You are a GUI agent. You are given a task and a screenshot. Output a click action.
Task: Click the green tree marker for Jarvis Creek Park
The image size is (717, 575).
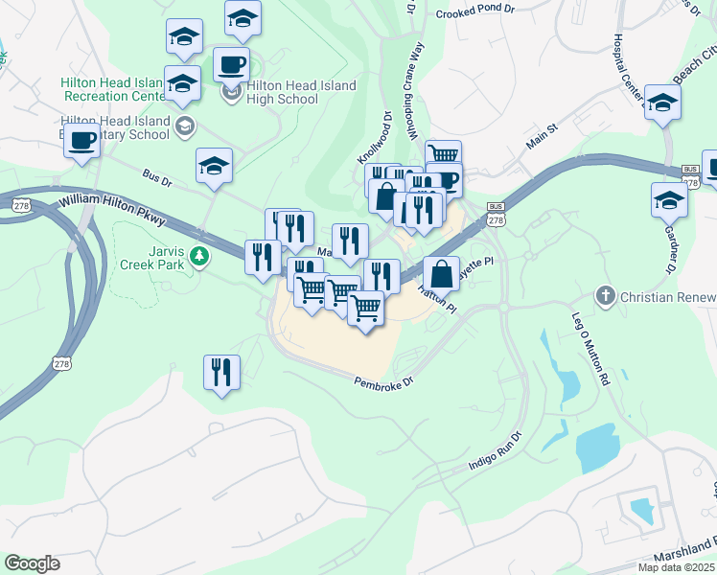click(199, 256)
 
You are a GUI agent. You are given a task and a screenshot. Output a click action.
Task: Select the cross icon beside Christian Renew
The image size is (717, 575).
click(605, 296)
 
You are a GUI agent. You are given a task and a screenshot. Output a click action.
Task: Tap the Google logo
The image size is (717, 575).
click(32, 563)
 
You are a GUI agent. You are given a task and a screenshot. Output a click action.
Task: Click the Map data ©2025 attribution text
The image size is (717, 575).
click(676, 567)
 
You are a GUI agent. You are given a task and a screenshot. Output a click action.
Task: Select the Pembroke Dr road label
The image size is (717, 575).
click(382, 381)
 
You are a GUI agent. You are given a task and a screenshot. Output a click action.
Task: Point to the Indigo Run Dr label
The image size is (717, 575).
click(494, 450)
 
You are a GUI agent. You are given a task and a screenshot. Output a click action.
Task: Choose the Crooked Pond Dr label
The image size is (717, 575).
click(474, 14)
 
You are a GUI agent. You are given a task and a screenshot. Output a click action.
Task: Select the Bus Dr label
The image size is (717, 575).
click(155, 178)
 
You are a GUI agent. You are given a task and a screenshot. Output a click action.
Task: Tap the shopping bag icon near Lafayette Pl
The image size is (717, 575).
click(441, 273)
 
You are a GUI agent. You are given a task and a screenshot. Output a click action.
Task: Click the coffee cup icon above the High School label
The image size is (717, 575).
click(231, 65)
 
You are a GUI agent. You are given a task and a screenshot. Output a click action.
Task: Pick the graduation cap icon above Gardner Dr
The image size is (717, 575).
click(669, 200)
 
